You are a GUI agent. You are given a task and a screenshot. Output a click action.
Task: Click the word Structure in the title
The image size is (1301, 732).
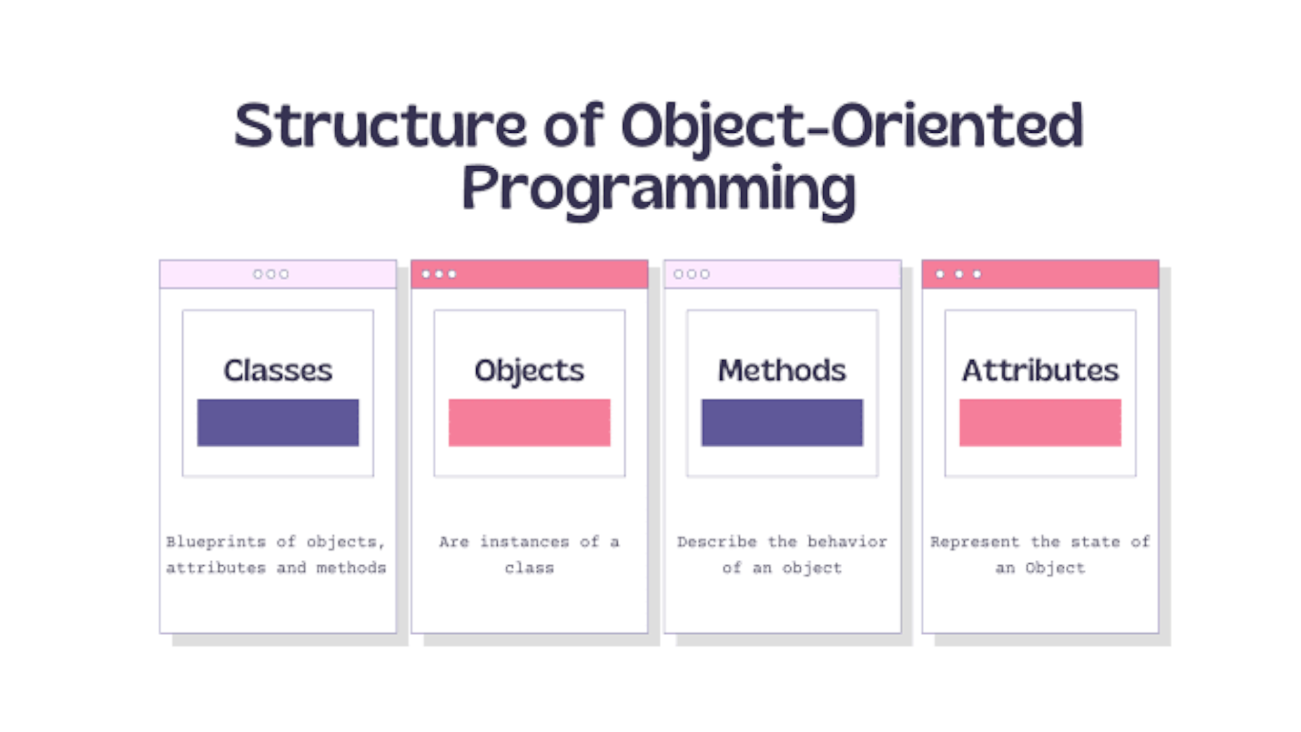click(x=380, y=125)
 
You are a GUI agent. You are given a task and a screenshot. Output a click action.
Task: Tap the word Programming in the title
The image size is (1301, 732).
click(x=658, y=190)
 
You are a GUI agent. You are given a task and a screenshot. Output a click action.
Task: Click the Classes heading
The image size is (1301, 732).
click(x=278, y=371)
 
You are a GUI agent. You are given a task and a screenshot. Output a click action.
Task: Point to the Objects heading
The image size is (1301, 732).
click(x=529, y=371)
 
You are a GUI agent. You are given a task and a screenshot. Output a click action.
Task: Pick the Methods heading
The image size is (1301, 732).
click(x=782, y=371)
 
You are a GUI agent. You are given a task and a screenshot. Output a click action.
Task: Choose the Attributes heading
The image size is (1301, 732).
click(x=1040, y=371)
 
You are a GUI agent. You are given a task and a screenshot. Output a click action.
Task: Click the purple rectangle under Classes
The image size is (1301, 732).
click(x=278, y=422)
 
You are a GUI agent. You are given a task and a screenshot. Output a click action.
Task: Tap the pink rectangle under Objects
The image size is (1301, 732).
click(x=529, y=422)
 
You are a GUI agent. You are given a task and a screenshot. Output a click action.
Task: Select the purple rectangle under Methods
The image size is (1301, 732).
click(x=782, y=422)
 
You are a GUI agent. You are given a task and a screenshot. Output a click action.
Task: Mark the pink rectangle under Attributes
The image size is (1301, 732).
click(x=1040, y=422)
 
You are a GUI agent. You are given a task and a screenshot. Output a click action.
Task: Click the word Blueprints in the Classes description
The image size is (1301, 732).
click(x=216, y=542)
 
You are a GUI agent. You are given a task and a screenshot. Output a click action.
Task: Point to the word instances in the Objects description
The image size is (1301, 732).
click(x=524, y=542)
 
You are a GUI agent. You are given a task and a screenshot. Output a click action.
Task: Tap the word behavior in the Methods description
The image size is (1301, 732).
click(x=847, y=542)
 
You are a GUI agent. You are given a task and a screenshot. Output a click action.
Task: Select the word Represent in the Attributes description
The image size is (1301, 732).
click(x=974, y=542)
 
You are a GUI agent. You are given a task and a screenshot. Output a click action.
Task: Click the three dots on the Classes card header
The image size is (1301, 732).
click(x=271, y=274)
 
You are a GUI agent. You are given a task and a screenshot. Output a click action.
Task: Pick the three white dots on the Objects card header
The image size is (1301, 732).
click(x=439, y=274)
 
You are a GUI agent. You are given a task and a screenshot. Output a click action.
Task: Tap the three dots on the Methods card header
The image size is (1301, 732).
click(x=692, y=274)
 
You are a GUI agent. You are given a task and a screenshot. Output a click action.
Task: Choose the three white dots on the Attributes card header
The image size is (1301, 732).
click(x=958, y=274)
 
